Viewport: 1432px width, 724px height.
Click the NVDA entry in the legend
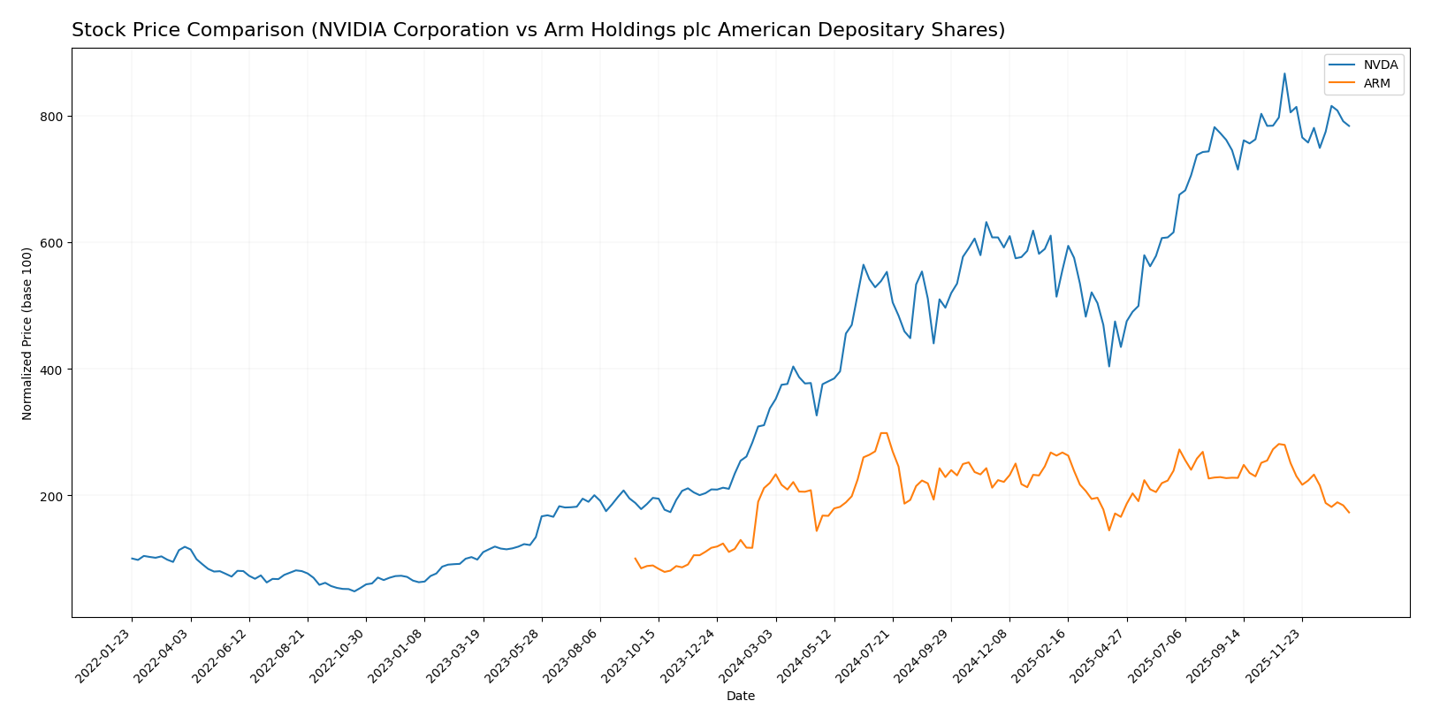point(1380,65)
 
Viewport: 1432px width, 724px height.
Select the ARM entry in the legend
point(1376,84)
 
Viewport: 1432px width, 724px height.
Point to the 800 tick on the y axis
point(51,117)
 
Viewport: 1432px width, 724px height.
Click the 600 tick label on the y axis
point(51,243)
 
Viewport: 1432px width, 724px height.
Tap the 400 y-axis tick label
point(51,370)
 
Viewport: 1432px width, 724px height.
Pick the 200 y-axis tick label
point(51,496)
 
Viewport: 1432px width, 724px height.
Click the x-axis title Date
point(740,697)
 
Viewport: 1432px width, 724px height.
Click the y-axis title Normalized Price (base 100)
point(27,333)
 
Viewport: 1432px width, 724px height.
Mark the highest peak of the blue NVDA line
point(1284,73)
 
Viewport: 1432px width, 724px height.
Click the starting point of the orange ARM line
point(635,558)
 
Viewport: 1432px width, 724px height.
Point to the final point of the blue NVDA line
point(1349,126)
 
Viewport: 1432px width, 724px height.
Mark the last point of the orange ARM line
point(1349,513)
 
